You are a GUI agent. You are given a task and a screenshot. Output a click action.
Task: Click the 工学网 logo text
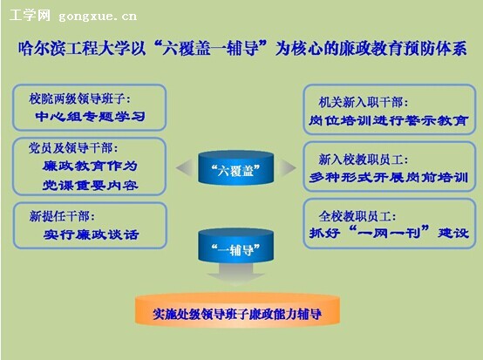tap(30, 15)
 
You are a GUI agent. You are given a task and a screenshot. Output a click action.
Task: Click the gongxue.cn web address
tap(98, 17)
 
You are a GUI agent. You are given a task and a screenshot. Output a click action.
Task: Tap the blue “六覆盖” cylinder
tap(235, 168)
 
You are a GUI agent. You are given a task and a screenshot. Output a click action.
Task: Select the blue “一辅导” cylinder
tap(235, 246)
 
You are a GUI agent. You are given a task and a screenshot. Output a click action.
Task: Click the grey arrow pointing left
tap(185, 167)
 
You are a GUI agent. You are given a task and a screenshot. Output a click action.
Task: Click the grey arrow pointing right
tap(287, 168)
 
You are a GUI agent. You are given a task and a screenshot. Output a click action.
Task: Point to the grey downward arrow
tap(235, 274)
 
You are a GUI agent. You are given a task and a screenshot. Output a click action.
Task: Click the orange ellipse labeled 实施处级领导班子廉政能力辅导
tap(237, 310)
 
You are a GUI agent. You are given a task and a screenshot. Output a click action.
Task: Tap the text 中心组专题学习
tap(90, 117)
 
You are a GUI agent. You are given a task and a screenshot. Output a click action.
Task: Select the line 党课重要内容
tap(91, 185)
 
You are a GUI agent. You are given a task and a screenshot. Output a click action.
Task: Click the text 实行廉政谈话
tap(92, 234)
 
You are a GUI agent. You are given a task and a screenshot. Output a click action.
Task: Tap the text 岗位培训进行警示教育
tap(389, 120)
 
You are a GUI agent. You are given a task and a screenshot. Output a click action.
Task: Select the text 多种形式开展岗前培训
tap(389, 177)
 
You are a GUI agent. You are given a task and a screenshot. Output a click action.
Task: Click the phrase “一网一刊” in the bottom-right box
tap(390, 232)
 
